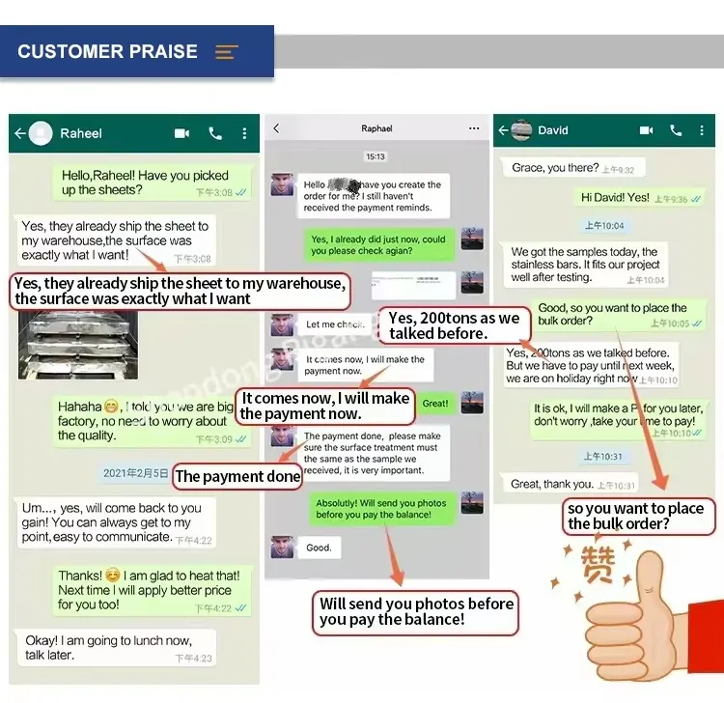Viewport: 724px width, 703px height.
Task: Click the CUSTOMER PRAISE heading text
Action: [107, 52]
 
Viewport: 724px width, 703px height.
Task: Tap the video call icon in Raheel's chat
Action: [181, 133]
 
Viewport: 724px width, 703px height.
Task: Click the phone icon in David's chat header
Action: [676, 130]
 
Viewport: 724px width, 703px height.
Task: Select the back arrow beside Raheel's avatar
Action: [19, 133]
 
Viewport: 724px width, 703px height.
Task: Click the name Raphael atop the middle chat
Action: [376, 128]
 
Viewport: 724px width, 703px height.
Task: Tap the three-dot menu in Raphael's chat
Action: [473, 128]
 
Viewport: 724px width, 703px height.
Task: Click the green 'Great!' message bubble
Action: [435, 404]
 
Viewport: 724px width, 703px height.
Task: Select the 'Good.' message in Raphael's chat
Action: [319, 548]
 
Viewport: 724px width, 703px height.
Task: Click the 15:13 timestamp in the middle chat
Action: [376, 156]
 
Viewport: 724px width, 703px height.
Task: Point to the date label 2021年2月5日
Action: [136, 473]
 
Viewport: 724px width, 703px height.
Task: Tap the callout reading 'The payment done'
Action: [237, 476]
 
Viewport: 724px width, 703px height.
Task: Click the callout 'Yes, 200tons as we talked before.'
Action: [454, 326]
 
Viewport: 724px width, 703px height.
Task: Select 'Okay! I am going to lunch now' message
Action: [114, 647]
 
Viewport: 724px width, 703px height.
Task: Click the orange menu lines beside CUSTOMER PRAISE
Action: [227, 52]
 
